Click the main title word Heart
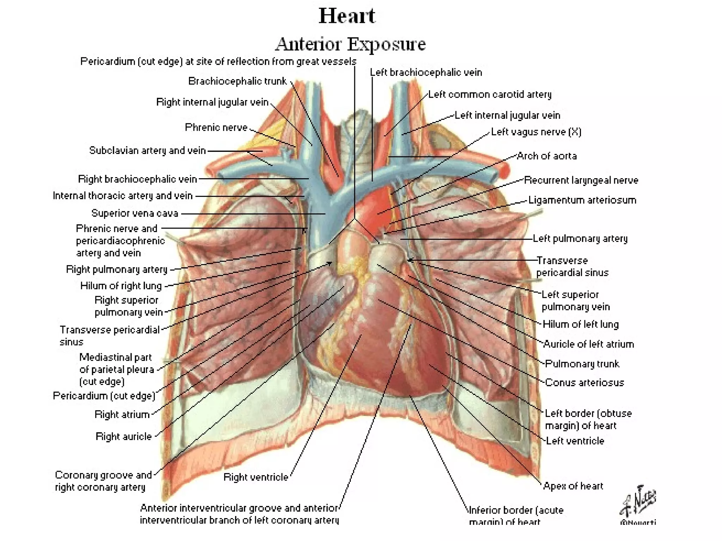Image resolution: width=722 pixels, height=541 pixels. (x=347, y=16)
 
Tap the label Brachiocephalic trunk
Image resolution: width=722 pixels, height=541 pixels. (x=237, y=81)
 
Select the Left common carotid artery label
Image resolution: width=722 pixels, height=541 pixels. (x=490, y=94)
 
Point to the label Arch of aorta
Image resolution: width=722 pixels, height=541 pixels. (x=546, y=156)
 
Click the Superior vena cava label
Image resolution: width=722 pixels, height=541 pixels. (x=135, y=213)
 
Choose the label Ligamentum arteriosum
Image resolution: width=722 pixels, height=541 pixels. (x=582, y=200)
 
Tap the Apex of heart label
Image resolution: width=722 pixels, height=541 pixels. (x=573, y=486)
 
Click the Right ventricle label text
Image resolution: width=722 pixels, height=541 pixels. (x=256, y=477)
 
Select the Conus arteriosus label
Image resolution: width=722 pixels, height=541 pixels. (x=584, y=383)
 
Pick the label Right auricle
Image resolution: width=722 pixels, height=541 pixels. (x=123, y=437)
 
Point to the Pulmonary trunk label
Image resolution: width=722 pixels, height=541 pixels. (x=582, y=364)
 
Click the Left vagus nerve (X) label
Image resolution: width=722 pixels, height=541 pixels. (x=536, y=132)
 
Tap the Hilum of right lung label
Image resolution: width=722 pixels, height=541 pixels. (x=121, y=286)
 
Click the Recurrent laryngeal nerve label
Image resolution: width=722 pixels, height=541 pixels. (x=581, y=180)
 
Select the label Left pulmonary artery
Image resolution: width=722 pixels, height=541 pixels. (x=580, y=239)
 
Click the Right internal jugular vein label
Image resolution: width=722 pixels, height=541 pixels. (x=212, y=102)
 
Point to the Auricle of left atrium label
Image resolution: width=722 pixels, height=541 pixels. (x=588, y=344)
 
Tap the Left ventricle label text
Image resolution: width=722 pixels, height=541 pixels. (x=575, y=441)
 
